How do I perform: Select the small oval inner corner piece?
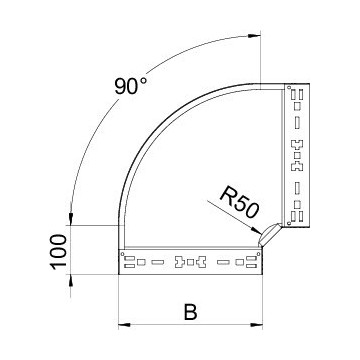coord(270,236)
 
